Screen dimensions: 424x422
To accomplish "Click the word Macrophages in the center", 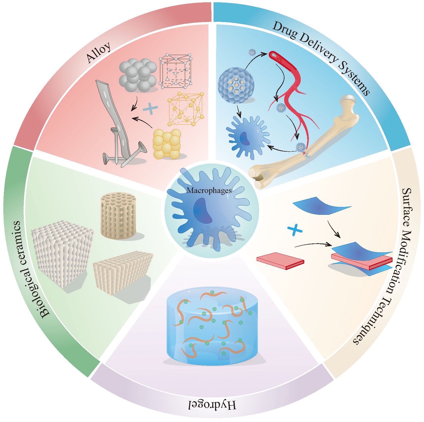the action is tap(209, 190).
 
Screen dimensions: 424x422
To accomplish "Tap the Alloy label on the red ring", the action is tap(99, 52).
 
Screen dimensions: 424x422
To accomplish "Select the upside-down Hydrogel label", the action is tap(213, 405).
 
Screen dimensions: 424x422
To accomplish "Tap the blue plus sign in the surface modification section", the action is tap(295, 231).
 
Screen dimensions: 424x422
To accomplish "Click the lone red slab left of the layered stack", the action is tap(280, 260).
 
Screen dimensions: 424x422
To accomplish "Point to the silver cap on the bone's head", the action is tap(350, 99).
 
